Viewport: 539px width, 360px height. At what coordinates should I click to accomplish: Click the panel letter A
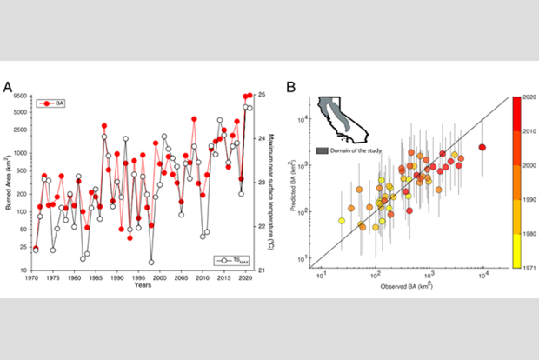click(8, 88)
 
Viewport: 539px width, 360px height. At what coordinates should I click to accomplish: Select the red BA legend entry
click(50, 103)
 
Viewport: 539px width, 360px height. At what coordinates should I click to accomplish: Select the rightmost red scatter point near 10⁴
click(482, 147)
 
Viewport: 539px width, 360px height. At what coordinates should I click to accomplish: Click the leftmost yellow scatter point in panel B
click(342, 221)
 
